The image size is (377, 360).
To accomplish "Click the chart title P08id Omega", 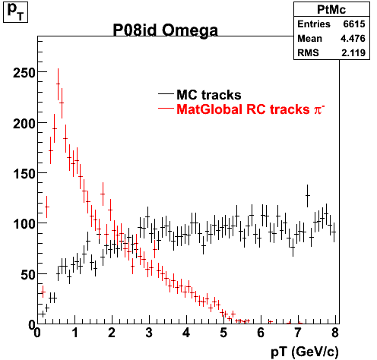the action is [x=165, y=30].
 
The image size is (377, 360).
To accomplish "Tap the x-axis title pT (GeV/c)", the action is [x=305, y=351].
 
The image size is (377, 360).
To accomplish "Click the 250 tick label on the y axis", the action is [x=24, y=73].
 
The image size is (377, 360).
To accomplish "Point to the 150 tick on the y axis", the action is [x=24, y=174].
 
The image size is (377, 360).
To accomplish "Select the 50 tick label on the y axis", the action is [x=27, y=274].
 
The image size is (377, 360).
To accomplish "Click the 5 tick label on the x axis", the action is [x=223, y=333].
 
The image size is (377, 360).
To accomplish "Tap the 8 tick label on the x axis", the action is [x=335, y=333].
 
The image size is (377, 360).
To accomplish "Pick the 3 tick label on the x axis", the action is [x=149, y=333].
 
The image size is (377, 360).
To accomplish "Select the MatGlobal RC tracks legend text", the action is [x=242, y=109].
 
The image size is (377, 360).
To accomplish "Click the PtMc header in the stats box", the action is [x=331, y=10].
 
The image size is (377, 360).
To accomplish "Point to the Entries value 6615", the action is [x=354, y=24].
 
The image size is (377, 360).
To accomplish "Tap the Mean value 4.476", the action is [x=353, y=39].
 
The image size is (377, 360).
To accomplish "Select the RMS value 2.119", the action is [x=353, y=53].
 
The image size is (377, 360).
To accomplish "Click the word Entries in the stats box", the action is [x=314, y=24].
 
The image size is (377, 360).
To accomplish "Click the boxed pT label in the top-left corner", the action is [x=15, y=11].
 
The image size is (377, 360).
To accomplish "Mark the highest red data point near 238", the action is [x=58, y=84].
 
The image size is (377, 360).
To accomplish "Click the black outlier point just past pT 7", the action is [x=308, y=196].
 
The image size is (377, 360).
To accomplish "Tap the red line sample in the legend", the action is [x=166, y=109].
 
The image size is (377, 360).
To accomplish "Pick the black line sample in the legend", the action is [x=166, y=94].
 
